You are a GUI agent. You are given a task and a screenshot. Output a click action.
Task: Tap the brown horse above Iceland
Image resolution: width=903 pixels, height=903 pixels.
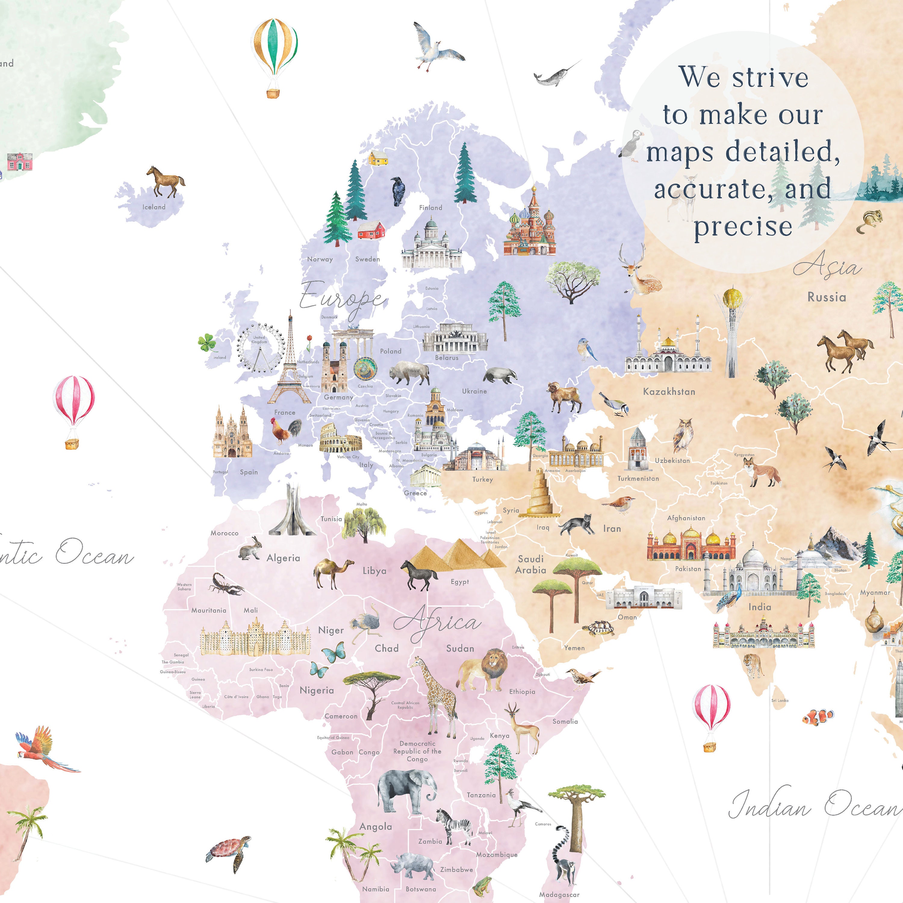click(166, 181)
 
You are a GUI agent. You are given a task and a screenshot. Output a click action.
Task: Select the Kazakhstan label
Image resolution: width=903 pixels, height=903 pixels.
click(669, 392)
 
